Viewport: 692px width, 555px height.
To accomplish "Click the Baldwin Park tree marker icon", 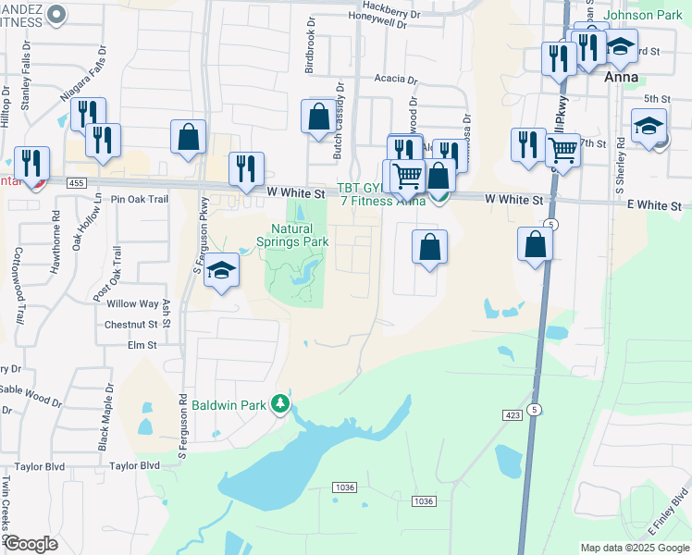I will (279, 404).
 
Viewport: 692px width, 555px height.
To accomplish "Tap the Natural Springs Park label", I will (300, 235).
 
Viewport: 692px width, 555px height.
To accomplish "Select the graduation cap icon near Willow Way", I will (221, 270).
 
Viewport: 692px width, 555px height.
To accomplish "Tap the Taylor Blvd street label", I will (134, 466).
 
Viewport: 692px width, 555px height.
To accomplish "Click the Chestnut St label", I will (130, 325).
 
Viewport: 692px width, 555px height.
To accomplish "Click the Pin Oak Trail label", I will (139, 199).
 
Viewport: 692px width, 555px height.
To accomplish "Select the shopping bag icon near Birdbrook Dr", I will (318, 117).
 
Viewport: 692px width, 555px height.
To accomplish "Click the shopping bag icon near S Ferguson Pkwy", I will (188, 137).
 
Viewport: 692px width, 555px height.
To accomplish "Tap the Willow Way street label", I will (132, 303).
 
